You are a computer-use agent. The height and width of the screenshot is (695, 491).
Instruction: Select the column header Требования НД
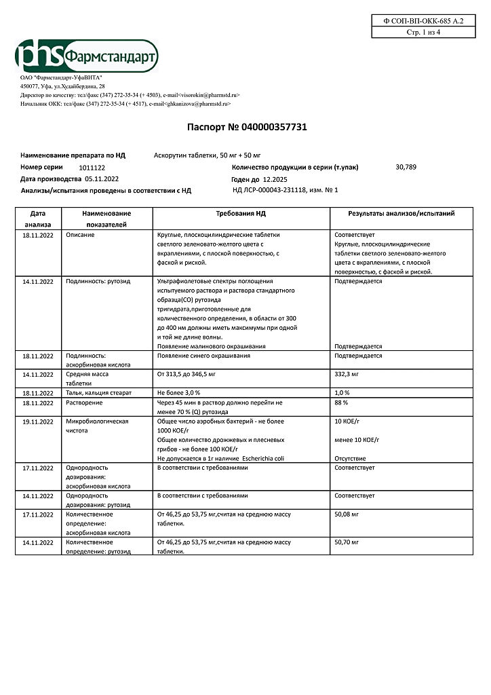click(x=241, y=213)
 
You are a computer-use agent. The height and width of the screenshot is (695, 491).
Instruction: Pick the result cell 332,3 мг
click(x=348, y=374)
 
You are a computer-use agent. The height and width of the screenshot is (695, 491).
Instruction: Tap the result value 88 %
click(x=341, y=402)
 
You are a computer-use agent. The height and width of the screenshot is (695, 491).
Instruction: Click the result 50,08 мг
click(x=347, y=514)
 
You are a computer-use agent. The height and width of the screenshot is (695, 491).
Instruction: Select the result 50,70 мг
click(x=347, y=542)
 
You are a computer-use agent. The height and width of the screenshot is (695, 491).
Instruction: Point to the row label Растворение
click(x=85, y=402)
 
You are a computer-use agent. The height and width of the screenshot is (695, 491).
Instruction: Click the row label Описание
click(x=81, y=234)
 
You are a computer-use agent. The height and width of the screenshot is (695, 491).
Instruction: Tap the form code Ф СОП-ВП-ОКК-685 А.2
click(x=423, y=21)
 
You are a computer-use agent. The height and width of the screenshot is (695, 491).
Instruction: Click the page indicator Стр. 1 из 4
click(x=423, y=32)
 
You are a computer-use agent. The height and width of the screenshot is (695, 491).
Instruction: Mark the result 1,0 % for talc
click(x=342, y=393)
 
